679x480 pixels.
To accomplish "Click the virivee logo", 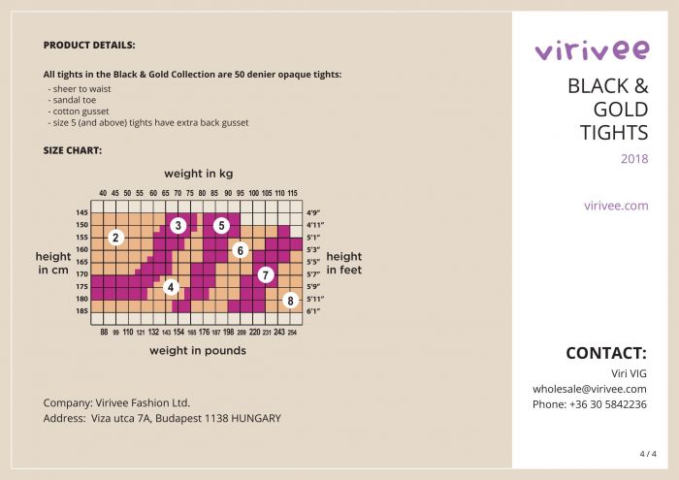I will pos(591,49).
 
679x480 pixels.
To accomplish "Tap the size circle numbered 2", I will pos(115,238).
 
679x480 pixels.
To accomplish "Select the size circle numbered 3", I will pos(178,226).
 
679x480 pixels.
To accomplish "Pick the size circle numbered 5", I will pos(221,226).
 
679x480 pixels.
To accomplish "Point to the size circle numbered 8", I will pos(289,301).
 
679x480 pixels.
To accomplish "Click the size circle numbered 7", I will pos(265,275).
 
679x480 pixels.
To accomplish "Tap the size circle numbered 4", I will pos(171,287).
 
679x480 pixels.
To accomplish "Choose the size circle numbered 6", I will pos(241,250).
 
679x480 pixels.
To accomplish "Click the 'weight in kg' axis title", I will pos(198,175).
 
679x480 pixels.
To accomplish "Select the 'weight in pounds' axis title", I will pos(198,351).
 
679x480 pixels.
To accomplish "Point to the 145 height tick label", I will pos(81,212).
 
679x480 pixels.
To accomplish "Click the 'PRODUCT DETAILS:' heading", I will pos(89,46).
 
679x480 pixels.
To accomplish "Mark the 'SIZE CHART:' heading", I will pos(73,151).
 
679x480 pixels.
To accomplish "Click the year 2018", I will pos(634,159).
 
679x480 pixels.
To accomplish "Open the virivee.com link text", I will pos(616,206).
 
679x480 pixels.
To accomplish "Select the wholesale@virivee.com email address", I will pos(589,389).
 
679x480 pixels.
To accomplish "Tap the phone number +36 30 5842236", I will pos(589,404).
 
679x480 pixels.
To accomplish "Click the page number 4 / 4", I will pos(648,454).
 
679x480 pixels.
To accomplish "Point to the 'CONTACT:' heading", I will pos(605,353).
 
